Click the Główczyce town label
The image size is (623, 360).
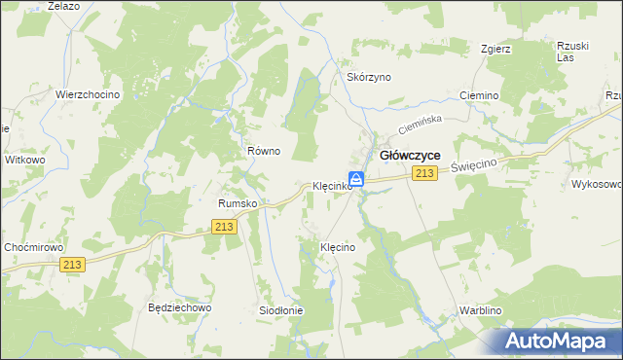tap(409, 155)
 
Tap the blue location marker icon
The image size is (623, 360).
tap(357, 179)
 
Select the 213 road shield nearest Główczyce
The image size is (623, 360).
tap(422, 173)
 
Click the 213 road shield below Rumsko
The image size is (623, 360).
tap(224, 227)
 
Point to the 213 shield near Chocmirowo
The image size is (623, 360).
tap(73, 264)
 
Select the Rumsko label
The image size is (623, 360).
tap(237, 203)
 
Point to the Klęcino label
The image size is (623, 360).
tap(338, 248)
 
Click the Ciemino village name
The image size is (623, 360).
tap(479, 96)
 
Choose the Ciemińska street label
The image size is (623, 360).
tap(421, 125)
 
